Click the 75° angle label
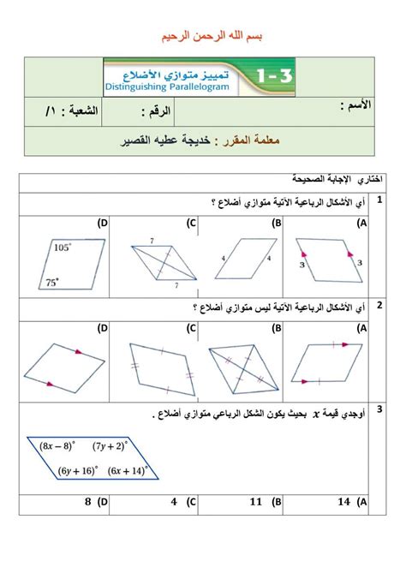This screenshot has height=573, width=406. point(54,280)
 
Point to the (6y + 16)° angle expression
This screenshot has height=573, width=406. point(78,469)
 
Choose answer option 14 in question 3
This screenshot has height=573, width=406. point(345,502)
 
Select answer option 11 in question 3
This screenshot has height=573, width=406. point(254,502)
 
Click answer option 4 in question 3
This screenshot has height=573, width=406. point(173,502)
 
